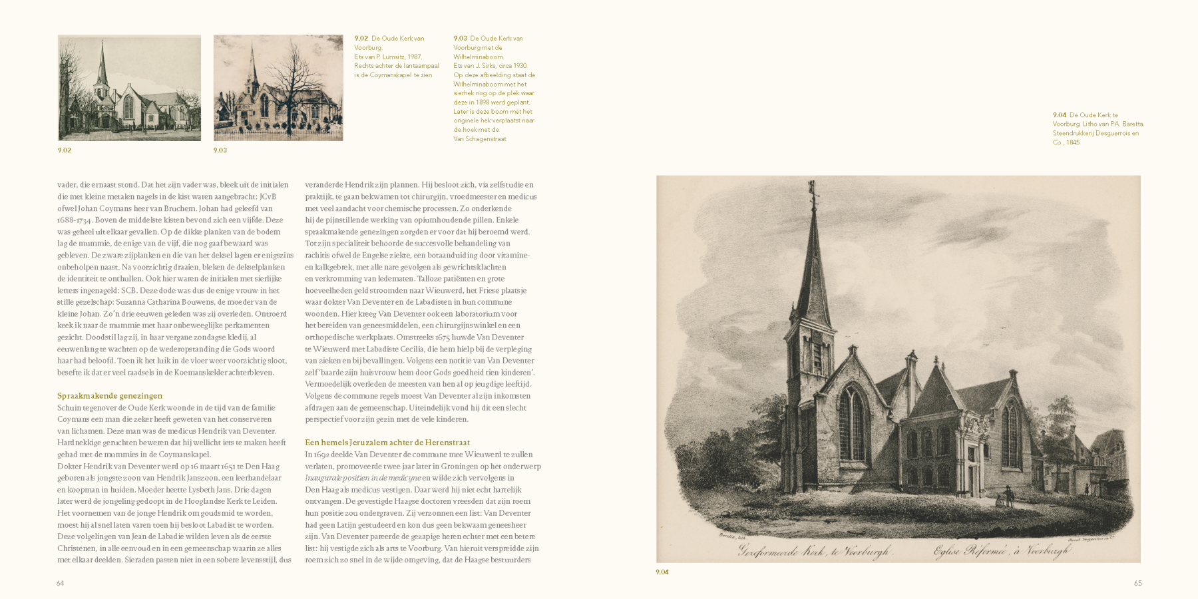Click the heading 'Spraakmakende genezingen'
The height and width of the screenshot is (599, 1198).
110,396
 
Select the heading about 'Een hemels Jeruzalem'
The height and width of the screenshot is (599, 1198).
387,443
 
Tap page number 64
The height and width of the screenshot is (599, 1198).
60,584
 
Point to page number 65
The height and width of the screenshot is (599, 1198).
1137,584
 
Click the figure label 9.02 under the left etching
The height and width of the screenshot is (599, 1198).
65,150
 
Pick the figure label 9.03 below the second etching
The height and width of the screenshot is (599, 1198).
220,150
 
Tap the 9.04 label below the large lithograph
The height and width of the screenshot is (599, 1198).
662,572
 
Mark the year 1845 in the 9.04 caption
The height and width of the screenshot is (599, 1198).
1072,142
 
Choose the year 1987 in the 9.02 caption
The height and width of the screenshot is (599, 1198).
414,57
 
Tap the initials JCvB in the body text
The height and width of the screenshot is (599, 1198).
268,197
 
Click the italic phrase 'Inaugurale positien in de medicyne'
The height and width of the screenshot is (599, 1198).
363,478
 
